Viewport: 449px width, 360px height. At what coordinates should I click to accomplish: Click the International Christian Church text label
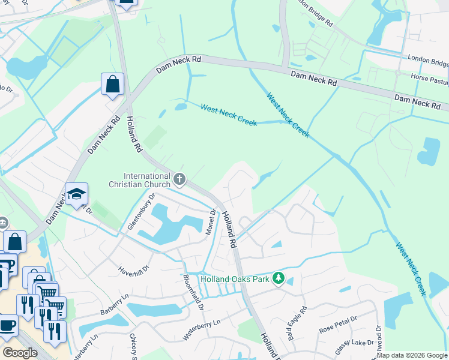(x=147, y=180)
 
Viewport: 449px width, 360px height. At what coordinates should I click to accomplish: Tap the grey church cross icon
(x=179, y=179)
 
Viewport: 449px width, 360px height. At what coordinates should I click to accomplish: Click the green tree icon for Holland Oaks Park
(x=278, y=278)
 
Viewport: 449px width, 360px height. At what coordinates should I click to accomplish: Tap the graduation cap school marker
(x=76, y=194)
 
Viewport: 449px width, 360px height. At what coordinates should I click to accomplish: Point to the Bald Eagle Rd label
(x=297, y=325)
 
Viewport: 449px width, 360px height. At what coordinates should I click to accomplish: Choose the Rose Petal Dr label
(x=338, y=325)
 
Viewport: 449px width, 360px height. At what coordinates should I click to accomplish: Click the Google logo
(x=20, y=353)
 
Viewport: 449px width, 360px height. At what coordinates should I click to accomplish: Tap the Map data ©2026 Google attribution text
(x=412, y=355)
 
